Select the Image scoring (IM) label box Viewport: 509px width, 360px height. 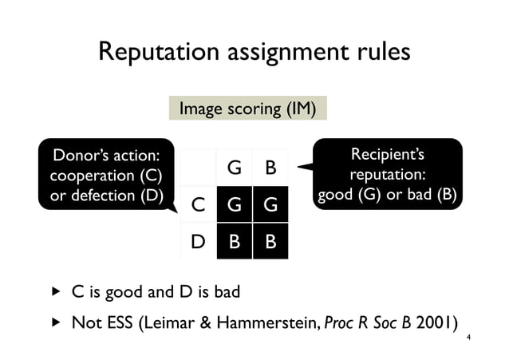click(247, 109)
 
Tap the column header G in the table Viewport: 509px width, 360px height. click(235, 168)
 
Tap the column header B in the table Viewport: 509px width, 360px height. click(270, 168)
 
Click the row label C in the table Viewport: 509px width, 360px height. click(197, 205)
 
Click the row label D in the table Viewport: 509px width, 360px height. click(197, 241)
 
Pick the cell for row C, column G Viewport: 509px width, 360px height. click(235, 205)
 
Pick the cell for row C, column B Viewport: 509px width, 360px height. click(270, 205)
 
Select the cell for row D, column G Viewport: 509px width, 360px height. click(235, 241)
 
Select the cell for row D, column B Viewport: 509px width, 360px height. click(270, 241)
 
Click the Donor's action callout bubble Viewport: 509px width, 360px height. click(106, 174)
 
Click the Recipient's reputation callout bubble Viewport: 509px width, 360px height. click(387, 174)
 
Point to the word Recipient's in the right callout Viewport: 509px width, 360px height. click(388, 153)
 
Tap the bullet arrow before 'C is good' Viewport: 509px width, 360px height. click(56, 292)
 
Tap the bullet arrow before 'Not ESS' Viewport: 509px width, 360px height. click(56, 323)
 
